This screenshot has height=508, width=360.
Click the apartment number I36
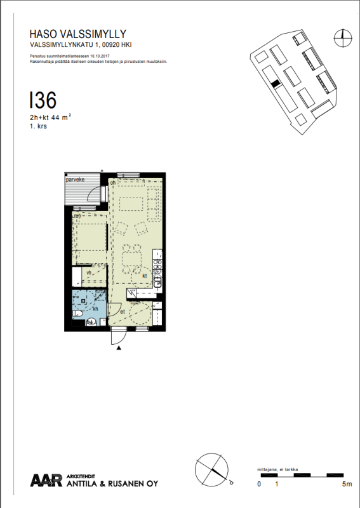[x=43, y=100]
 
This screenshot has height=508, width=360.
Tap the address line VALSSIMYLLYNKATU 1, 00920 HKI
[x=81, y=45]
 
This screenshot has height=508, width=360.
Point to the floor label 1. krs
[x=38, y=126]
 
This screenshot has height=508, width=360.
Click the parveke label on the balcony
[x=74, y=180]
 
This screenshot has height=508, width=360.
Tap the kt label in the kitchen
[x=145, y=276]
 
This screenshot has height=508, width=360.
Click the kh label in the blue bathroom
[x=96, y=309]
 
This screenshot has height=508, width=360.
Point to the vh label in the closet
[x=89, y=272]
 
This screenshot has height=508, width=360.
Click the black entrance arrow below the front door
[x=118, y=347]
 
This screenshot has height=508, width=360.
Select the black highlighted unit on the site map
[x=275, y=84]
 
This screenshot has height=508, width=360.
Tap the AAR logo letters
[x=46, y=481]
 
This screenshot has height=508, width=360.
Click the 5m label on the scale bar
[x=346, y=484]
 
